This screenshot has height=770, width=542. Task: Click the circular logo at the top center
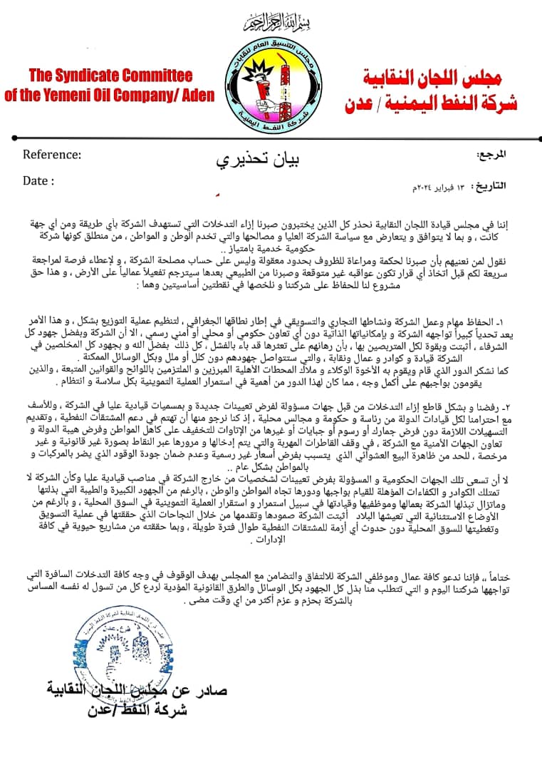(x=270, y=83)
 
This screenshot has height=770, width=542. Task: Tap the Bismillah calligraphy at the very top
(x=270, y=23)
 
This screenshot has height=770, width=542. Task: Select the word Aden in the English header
(x=194, y=95)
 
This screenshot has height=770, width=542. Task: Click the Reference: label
(x=52, y=154)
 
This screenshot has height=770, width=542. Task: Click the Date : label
(x=38, y=180)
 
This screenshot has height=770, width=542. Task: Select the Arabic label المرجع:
(x=491, y=153)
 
